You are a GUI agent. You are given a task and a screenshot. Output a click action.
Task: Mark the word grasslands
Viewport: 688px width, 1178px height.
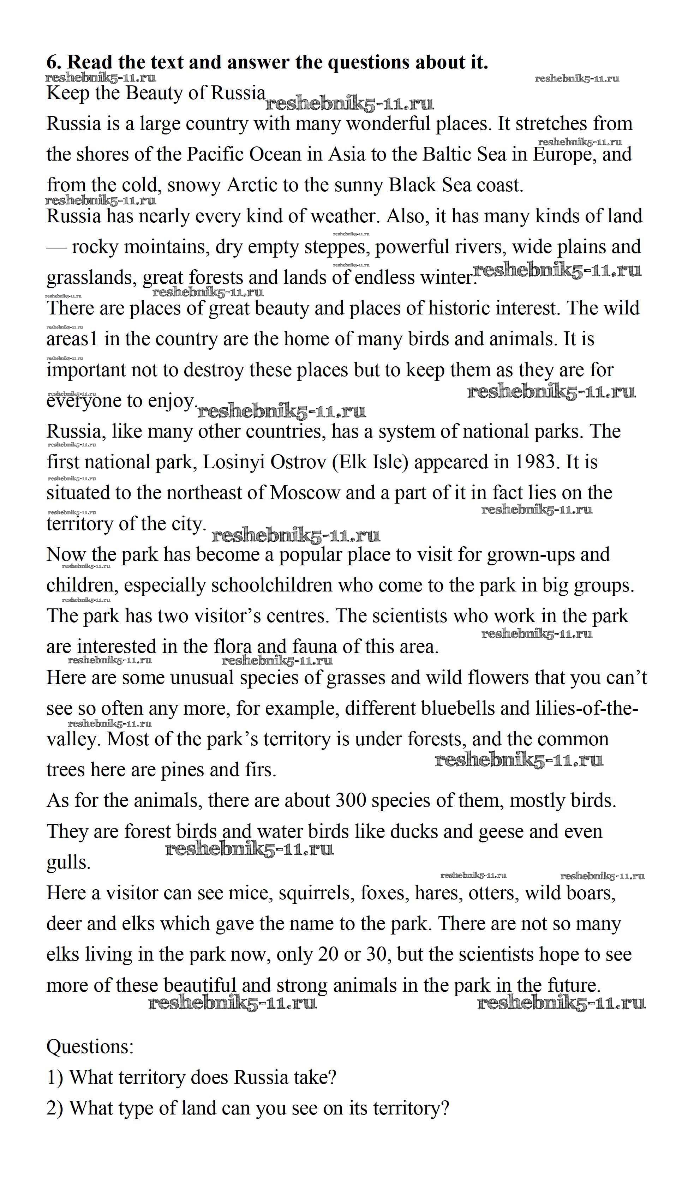tap(92, 278)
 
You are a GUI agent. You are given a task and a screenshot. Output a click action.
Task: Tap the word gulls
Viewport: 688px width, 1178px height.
tap(68, 863)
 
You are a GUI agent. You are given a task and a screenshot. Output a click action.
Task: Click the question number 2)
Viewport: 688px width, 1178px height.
tap(55, 1108)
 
